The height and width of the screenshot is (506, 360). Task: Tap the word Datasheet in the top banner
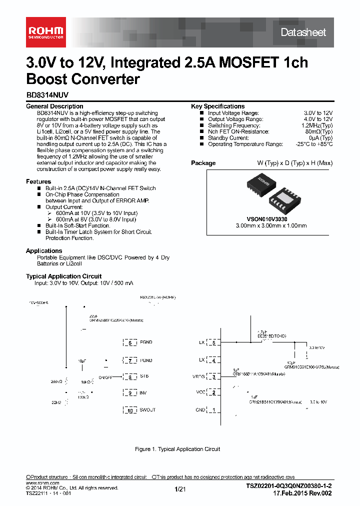tap(303, 32)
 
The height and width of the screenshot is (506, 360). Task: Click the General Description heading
tap(54, 106)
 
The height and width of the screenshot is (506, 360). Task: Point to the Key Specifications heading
tap(217, 106)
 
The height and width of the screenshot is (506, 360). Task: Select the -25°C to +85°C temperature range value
tap(307, 144)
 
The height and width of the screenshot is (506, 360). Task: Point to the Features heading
tap(38, 181)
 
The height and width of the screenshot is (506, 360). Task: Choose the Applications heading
tap(44, 251)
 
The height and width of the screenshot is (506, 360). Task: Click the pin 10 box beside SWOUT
tap(130, 410)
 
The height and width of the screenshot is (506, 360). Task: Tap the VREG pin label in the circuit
tap(198, 377)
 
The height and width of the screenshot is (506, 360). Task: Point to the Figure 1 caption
tap(177, 449)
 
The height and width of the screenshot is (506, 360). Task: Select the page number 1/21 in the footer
tap(180, 490)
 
